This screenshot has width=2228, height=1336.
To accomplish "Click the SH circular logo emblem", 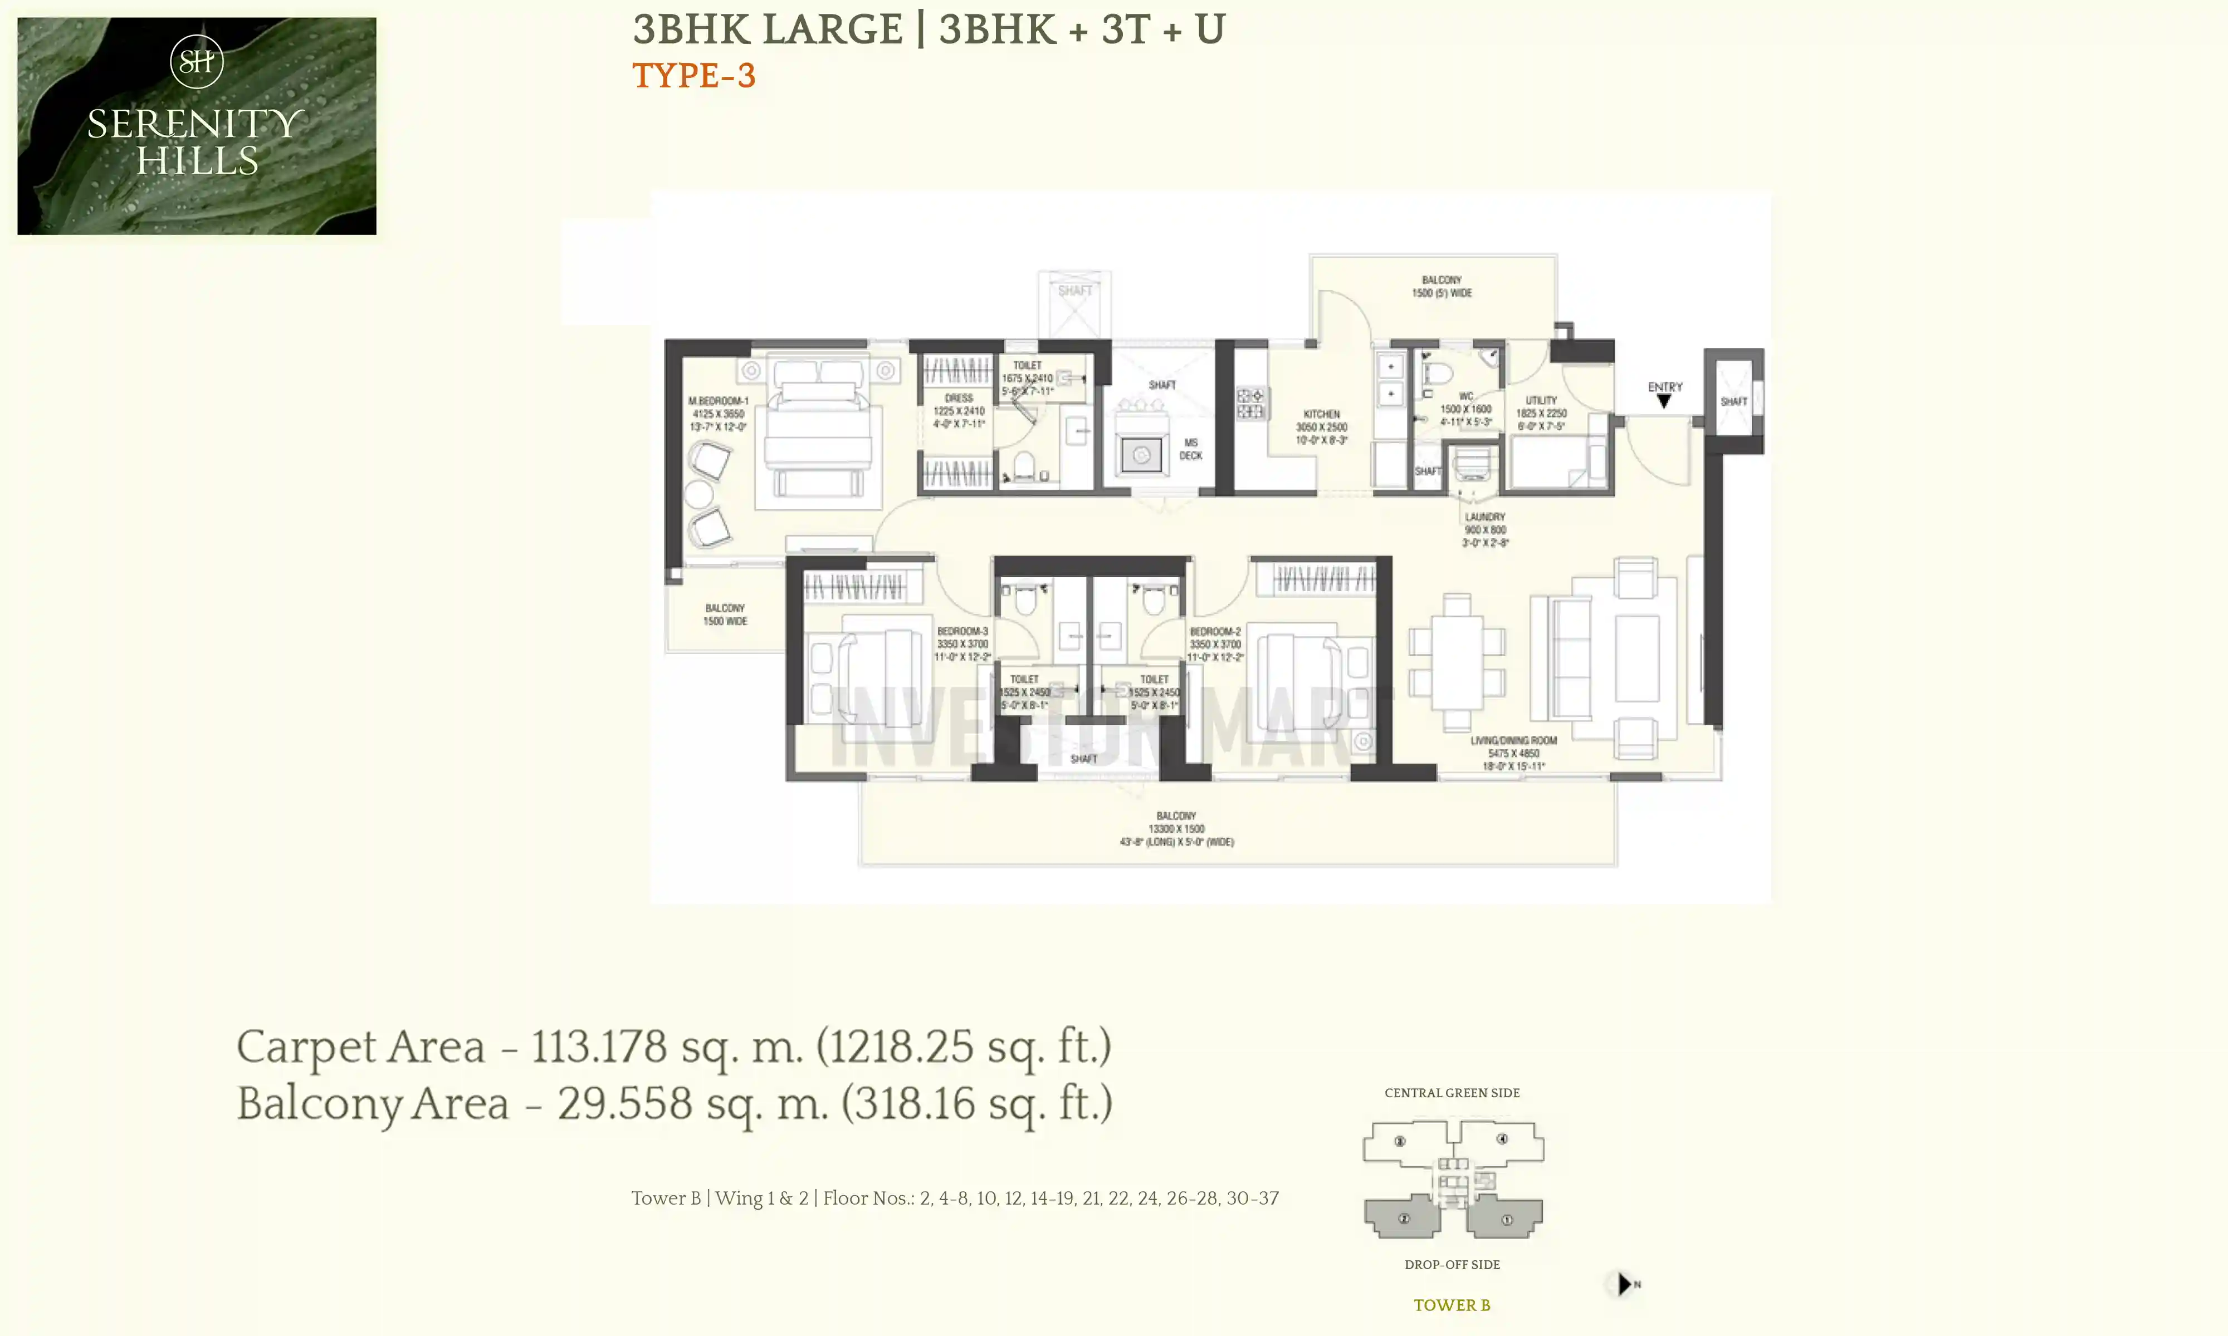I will pos(196,61).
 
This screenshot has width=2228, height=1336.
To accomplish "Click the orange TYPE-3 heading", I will pos(693,76).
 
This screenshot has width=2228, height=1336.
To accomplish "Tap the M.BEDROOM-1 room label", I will pos(718,401).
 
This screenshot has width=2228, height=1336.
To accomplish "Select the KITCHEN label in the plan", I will pos(1321,414).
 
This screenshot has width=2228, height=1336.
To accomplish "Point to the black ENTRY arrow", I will pos(1664,401).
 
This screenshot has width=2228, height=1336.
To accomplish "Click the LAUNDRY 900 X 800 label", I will pos(1485,529).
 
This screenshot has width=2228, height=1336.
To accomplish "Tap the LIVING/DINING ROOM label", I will pos(1513,741).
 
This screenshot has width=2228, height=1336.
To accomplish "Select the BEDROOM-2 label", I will pos(1215,632).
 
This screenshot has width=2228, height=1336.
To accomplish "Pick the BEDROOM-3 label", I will pos(962,631).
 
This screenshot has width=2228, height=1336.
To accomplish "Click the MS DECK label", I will pos(1190,448).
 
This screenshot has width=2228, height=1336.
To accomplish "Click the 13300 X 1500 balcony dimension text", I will pos(1176,828).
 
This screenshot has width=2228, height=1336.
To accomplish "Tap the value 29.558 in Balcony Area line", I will pos(624,1104).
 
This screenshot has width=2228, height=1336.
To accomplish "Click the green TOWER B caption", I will pos(1452,1304).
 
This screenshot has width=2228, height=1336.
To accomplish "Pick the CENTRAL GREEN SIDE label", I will pos(1452,1093).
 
